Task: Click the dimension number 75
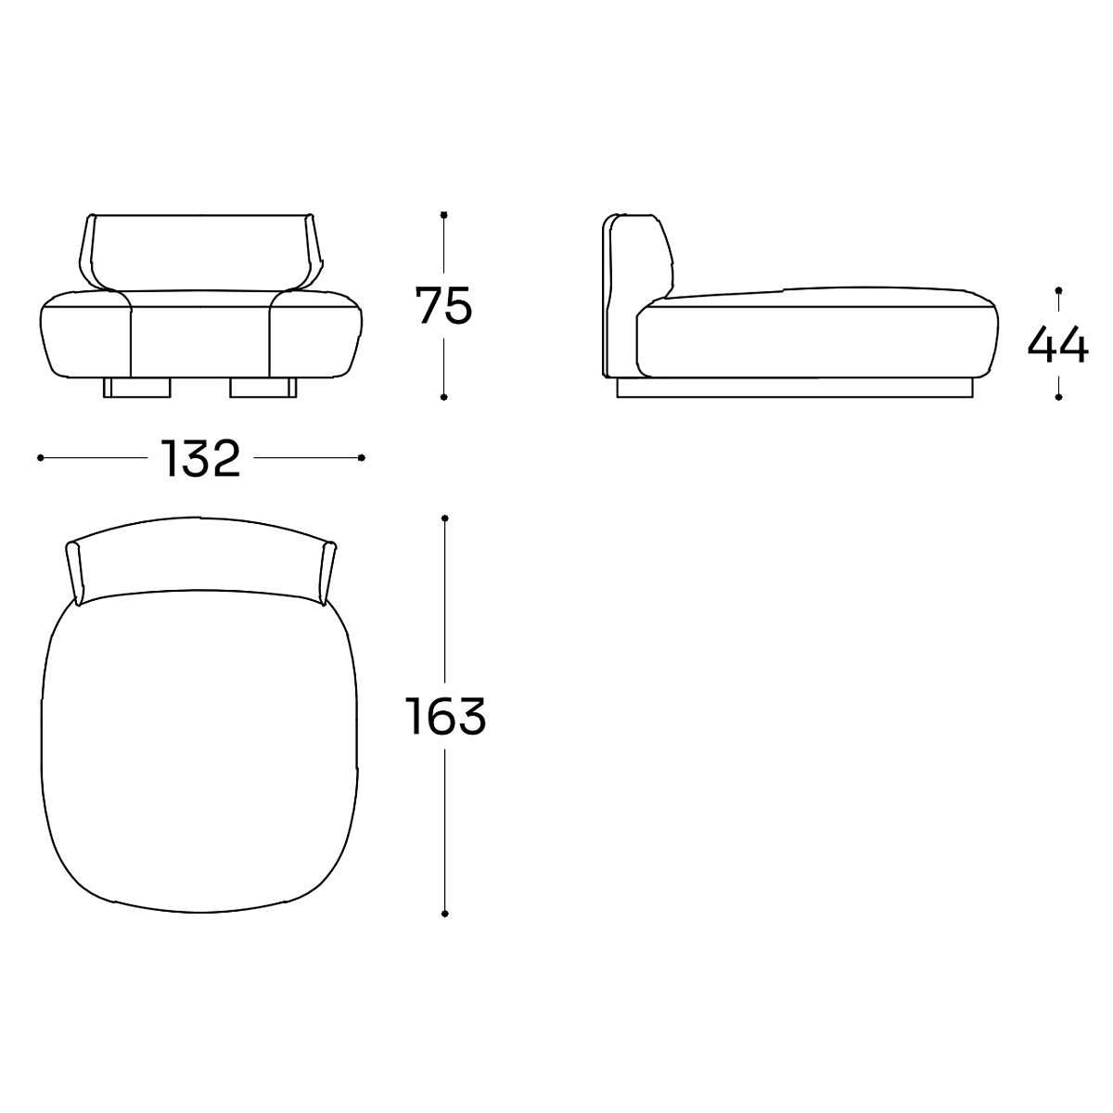(x=443, y=304)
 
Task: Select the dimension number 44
(x=1057, y=345)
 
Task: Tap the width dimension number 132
(x=199, y=458)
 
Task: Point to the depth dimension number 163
(x=445, y=716)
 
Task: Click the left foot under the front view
(x=137, y=388)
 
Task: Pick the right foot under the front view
(x=262, y=388)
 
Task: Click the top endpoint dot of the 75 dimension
(x=443, y=215)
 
